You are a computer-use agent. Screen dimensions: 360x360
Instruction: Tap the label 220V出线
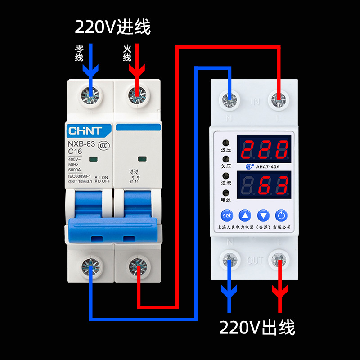pyautogui.click(x=257, y=328)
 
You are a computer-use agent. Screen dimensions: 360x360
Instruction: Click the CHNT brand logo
pyautogui.click(x=85, y=130)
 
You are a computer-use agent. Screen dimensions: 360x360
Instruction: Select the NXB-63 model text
pyautogui.click(x=81, y=144)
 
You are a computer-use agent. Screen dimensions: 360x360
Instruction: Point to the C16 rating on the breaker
pyautogui.click(x=76, y=152)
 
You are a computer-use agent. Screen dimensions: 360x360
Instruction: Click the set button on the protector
pyautogui.click(x=227, y=215)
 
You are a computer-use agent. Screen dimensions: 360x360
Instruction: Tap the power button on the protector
pyautogui.click(x=281, y=215)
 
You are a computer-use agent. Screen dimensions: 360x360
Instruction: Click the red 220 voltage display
pyautogui.click(x=264, y=148)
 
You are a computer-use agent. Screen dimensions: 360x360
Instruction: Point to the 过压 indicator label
pyautogui.click(x=225, y=152)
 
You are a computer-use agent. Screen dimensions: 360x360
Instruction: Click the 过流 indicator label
pyautogui.click(x=225, y=183)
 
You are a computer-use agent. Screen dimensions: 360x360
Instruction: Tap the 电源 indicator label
pyautogui.click(x=225, y=199)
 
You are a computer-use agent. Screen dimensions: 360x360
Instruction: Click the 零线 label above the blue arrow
pyautogui.click(x=79, y=53)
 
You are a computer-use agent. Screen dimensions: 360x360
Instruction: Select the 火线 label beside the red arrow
pyautogui.click(x=127, y=53)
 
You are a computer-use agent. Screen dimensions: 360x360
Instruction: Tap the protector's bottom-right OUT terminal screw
pyautogui.click(x=279, y=260)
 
